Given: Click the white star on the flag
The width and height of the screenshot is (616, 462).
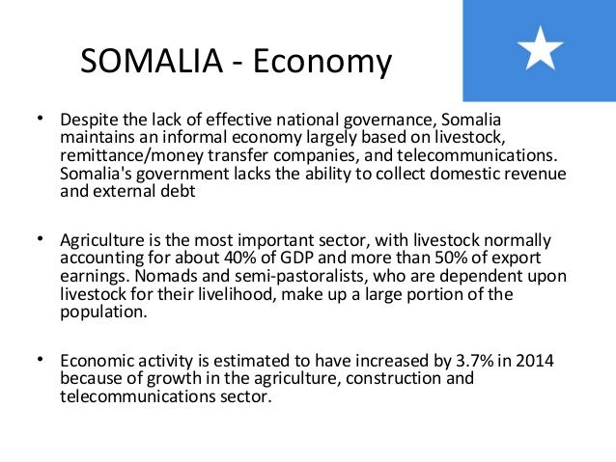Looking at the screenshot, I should (541, 48).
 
